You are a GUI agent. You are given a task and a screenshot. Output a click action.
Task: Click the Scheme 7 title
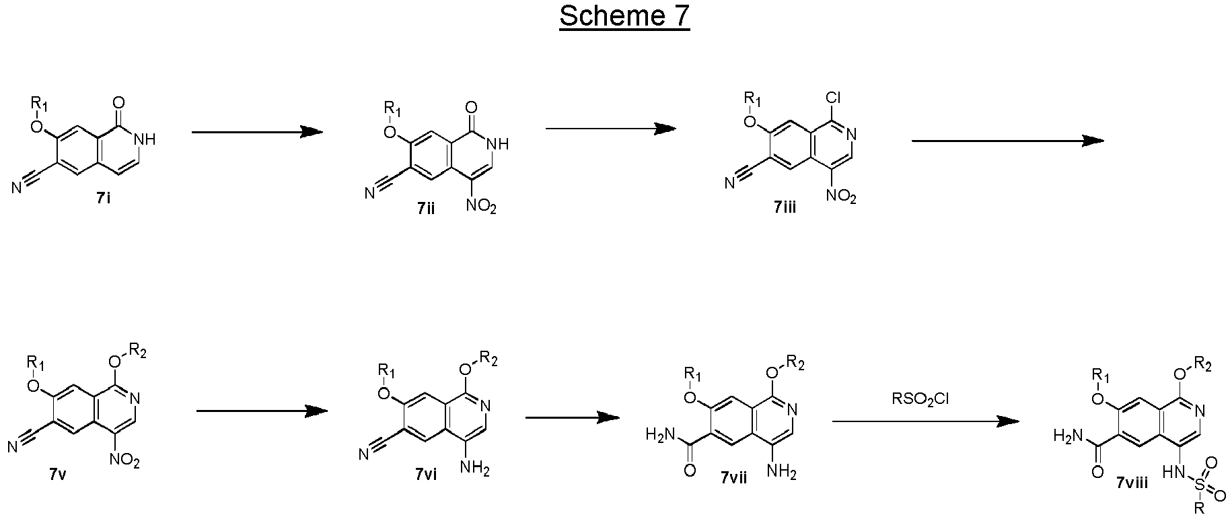click(x=624, y=16)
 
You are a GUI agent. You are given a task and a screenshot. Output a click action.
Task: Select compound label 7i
click(x=104, y=199)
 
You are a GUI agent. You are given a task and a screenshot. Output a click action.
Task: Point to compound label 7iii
click(x=785, y=207)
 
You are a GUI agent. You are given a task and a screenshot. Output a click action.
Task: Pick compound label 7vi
click(x=426, y=474)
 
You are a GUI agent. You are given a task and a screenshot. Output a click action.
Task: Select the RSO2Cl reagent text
click(x=920, y=399)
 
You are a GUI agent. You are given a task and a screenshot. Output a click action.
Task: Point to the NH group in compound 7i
click(x=145, y=139)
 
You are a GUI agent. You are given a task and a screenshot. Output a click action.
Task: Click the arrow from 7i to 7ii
click(x=257, y=132)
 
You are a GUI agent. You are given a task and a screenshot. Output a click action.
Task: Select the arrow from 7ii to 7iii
click(x=611, y=129)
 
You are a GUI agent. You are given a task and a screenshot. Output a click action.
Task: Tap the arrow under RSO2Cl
click(x=926, y=421)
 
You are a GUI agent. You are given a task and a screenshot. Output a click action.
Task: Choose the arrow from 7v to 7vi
click(x=261, y=411)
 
